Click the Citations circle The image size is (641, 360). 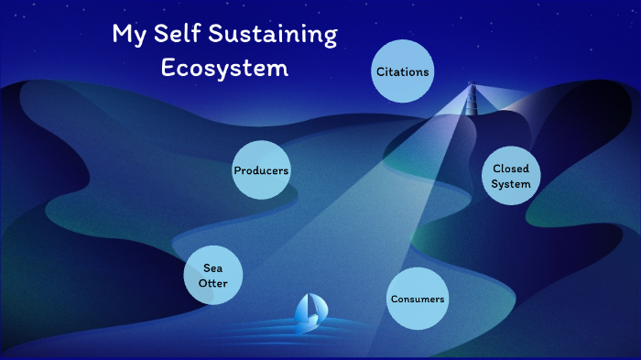402,71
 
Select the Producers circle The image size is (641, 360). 261,170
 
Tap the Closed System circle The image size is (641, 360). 510,176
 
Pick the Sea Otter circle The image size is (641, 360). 213,275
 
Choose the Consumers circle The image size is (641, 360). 418,300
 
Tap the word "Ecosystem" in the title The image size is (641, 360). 224,68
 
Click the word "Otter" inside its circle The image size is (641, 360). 213,283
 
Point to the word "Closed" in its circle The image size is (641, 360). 511,169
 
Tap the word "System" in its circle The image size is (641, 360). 510,184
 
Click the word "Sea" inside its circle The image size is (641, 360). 213,267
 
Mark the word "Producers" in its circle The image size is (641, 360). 261,170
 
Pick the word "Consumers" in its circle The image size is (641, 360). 418,300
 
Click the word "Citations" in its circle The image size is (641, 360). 402,71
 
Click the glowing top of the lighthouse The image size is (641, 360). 473,90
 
